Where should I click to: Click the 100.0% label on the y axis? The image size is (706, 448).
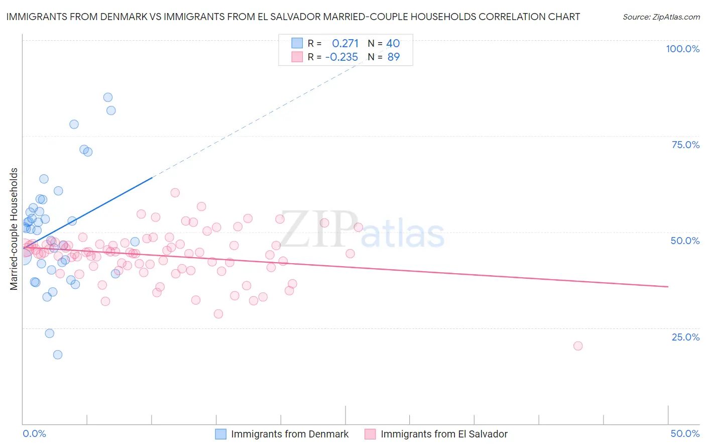[682, 49]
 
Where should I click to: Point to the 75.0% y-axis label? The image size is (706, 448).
[685, 145]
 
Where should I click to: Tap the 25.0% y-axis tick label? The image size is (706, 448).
[685, 337]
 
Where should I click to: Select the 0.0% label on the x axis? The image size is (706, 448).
[35, 433]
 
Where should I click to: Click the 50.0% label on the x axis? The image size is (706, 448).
[685, 433]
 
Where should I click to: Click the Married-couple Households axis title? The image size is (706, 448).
[14, 229]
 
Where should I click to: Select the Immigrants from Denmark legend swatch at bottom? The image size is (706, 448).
[221, 434]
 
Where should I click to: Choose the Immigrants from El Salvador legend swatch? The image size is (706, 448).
[370, 434]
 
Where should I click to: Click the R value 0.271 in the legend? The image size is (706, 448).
[345, 43]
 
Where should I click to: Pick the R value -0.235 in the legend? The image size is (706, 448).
[341, 57]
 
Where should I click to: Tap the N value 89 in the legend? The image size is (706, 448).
[394, 57]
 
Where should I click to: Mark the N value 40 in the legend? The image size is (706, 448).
[393, 43]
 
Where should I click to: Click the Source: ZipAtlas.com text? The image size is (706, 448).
[661, 17]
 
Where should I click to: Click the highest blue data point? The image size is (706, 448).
[108, 97]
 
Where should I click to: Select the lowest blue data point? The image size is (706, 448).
[58, 355]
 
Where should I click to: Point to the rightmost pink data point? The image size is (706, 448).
[578, 346]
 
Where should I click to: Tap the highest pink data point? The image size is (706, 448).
[175, 192]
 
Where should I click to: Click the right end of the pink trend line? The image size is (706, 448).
[668, 287]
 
